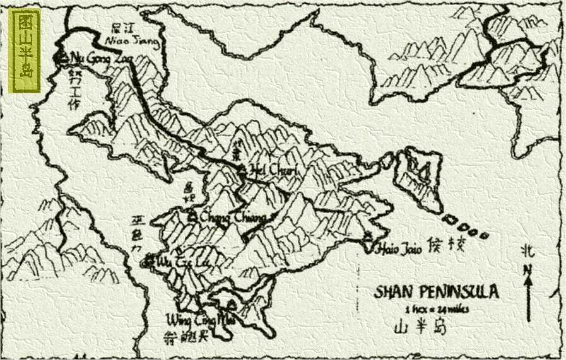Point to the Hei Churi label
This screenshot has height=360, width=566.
pyautogui.click(x=269, y=170)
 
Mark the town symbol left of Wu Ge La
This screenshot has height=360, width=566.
pyautogui.click(x=149, y=259)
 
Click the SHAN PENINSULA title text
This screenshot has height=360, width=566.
pyautogui.click(x=437, y=292)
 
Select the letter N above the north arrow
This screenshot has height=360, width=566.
pyautogui.click(x=528, y=269)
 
